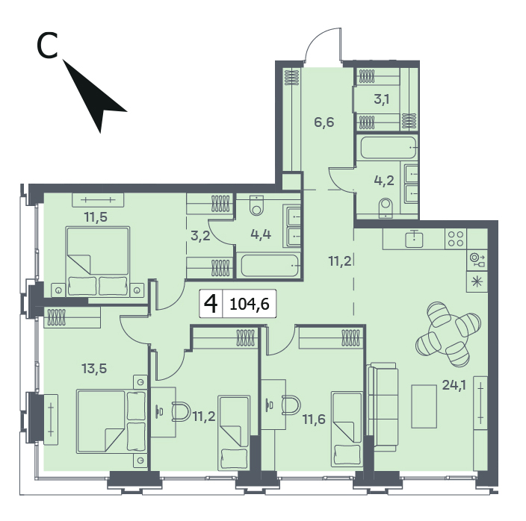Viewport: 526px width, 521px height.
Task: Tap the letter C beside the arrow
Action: [47, 46]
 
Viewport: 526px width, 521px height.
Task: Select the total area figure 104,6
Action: [250, 305]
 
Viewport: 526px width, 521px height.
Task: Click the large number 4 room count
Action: [211, 304]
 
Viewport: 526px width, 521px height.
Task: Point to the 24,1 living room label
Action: [454, 385]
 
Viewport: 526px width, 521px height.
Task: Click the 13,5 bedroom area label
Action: [94, 369]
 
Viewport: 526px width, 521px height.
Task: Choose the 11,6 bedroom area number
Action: [314, 419]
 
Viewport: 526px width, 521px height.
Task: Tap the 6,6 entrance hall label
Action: [324, 122]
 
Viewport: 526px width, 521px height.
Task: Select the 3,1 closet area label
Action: [382, 99]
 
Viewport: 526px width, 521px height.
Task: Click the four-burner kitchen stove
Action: [456, 239]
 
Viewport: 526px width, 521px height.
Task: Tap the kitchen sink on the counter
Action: [414, 239]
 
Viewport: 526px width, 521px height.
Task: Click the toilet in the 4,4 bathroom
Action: [257, 205]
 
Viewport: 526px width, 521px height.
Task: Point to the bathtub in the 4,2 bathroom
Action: [389, 148]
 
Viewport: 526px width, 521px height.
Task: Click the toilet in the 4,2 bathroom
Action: [386, 208]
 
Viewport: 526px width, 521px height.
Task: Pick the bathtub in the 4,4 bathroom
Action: [270, 266]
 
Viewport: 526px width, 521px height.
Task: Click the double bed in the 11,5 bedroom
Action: [98, 261]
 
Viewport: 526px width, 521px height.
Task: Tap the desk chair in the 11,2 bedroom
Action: [181, 411]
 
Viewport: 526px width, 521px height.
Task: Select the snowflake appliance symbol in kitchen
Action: [477, 281]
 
